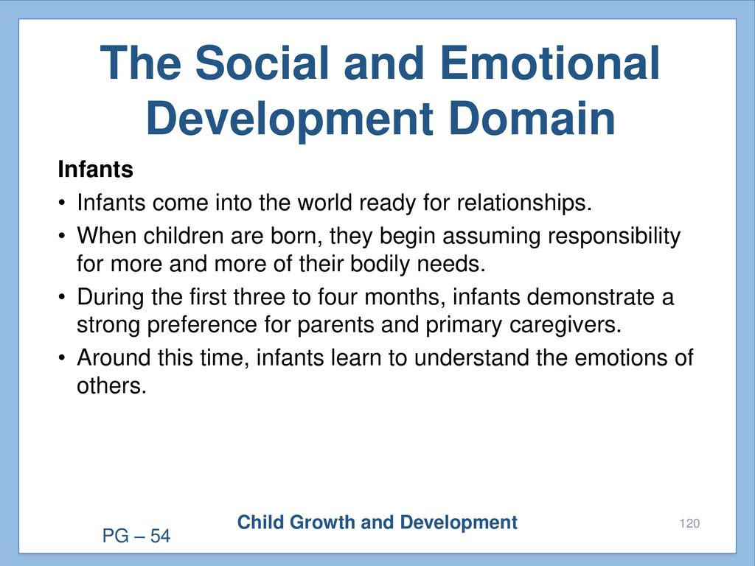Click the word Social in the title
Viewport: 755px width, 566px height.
pyautogui.click(x=262, y=63)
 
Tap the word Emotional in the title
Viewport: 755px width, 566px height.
pyautogui.click(x=549, y=63)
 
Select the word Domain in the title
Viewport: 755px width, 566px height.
pyautogui.click(x=532, y=119)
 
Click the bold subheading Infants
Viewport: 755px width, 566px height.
pyautogui.click(x=95, y=170)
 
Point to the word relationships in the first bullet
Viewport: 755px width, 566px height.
pyautogui.click(x=524, y=203)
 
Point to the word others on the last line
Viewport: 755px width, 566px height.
pyautogui.click(x=111, y=385)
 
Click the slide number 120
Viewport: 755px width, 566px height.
pyautogui.click(x=689, y=523)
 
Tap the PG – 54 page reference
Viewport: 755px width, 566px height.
pyautogui.click(x=136, y=536)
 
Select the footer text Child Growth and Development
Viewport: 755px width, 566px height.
pyautogui.click(x=377, y=523)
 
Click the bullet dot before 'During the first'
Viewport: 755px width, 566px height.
pyautogui.click(x=62, y=297)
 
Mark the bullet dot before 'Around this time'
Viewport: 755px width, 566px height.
pyautogui.click(x=62, y=358)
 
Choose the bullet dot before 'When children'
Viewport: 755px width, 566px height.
pyautogui.click(x=62, y=237)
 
